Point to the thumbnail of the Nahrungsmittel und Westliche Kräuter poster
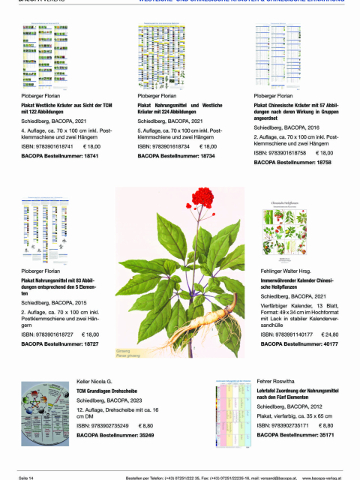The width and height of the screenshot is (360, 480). coord(161,56)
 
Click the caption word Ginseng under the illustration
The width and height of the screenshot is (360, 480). coord(124,351)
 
